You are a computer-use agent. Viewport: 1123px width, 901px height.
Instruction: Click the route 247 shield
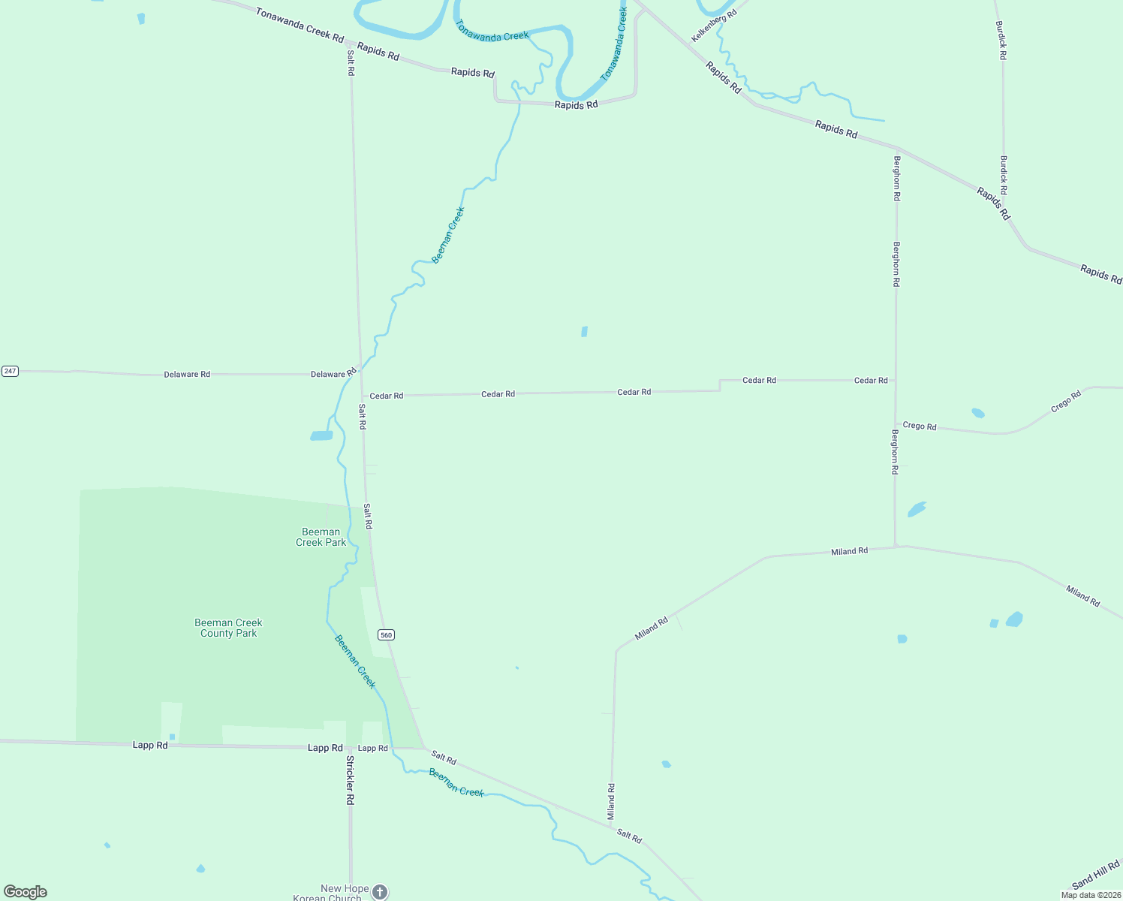tap(10, 371)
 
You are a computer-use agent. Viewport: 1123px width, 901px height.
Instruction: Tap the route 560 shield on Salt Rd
tap(386, 635)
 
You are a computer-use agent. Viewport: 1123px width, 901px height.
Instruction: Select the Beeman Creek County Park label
tap(228, 628)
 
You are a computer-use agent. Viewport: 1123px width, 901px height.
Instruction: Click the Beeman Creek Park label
tap(321, 537)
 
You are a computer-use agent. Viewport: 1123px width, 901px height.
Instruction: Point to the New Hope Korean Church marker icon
tap(381, 892)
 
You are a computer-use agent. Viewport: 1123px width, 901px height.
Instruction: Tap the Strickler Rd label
tap(350, 780)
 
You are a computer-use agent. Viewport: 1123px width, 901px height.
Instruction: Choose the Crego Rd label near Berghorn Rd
tap(920, 426)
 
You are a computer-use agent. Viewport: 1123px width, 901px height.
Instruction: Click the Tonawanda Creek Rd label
tap(300, 25)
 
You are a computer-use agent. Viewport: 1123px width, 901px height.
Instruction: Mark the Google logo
tap(26, 892)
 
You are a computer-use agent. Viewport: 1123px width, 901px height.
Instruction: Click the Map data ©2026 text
tap(1090, 895)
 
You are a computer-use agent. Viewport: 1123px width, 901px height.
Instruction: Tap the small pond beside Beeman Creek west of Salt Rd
tap(321, 435)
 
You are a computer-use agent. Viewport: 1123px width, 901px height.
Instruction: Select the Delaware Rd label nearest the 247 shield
tap(187, 374)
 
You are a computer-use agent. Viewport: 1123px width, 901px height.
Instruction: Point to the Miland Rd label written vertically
tap(611, 802)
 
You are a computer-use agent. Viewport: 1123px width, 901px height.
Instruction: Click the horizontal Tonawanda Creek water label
tap(492, 31)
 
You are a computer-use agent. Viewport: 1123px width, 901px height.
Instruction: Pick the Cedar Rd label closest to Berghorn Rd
tap(871, 381)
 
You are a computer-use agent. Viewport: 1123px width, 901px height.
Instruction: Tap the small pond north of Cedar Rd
tap(584, 331)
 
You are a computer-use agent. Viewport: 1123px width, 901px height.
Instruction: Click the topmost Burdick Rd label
tap(1001, 40)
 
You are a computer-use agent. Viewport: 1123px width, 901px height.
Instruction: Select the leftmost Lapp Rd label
tap(150, 745)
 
